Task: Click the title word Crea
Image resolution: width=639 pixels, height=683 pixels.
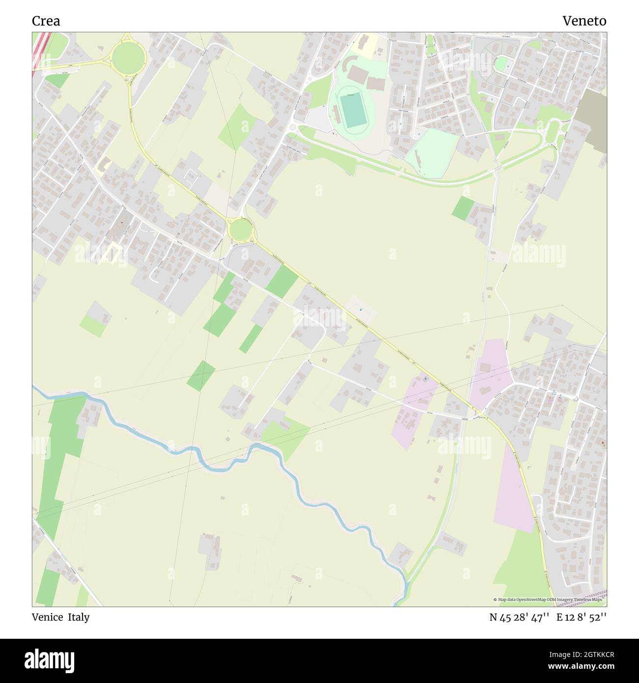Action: click(x=46, y=21)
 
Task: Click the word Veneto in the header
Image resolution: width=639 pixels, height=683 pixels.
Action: click(x=584, y=21)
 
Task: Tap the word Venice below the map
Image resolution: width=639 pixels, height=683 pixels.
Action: click(x=47, y=617)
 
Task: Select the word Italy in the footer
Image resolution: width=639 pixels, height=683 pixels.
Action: click(x=79, y=617)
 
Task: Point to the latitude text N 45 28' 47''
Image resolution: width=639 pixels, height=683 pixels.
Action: click(x=519, y=618)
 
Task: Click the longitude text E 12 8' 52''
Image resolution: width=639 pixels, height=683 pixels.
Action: click(x=581, y=618)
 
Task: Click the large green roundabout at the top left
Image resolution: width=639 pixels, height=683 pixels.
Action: click(x=128, y=57)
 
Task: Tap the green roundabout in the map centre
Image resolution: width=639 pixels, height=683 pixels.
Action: click(x=240, y=229)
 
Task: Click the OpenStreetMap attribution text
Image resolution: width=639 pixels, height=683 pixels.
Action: click(x=548, y=599)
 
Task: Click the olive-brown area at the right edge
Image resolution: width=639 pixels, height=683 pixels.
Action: click(x=592, y=120)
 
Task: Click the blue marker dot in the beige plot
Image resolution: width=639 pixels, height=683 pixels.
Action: click(x=360, y=310)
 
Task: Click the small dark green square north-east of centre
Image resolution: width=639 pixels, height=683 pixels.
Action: click(x=463, y=208)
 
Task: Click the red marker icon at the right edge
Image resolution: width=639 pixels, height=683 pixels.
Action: click(x=603, y=444)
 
